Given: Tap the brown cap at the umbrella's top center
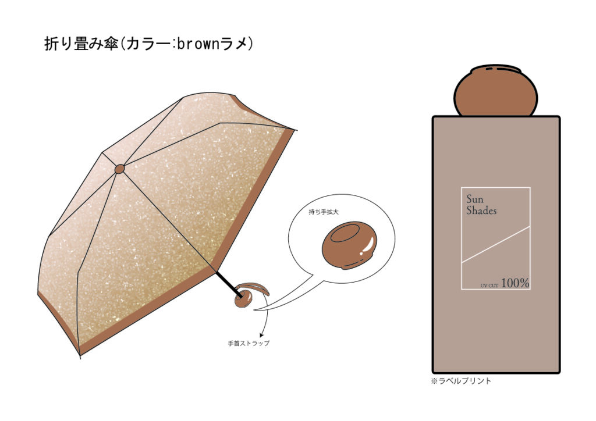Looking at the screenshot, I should (119, 169).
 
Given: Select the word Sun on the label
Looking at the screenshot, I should (474, 199).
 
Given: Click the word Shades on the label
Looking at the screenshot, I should (481, 211).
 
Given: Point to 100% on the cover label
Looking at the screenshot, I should (515, 283).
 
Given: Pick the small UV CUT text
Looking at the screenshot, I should (489, 286).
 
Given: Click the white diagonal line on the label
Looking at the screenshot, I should (495, 244).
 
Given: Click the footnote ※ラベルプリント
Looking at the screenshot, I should (461, 381).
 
